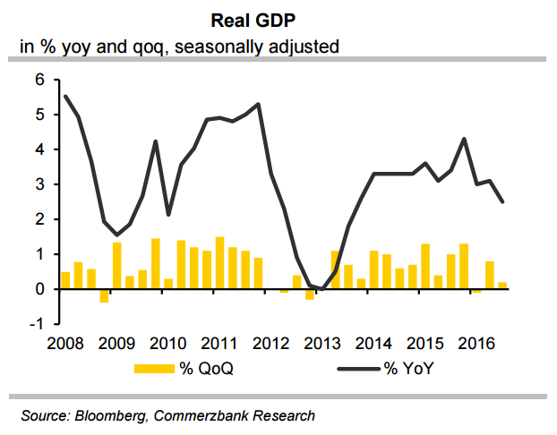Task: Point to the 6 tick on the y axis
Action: (39, 80)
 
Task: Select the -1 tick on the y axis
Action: (37, 324)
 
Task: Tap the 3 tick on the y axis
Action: (39, 184)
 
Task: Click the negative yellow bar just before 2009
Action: (104, 295)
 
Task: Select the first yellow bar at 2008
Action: (65, 280)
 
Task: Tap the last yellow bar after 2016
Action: (502, 286)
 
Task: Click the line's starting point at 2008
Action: (65, 96)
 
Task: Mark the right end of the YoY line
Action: (502, 201)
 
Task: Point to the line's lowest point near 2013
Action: (322, 288)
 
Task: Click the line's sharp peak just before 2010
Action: (156, 141)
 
